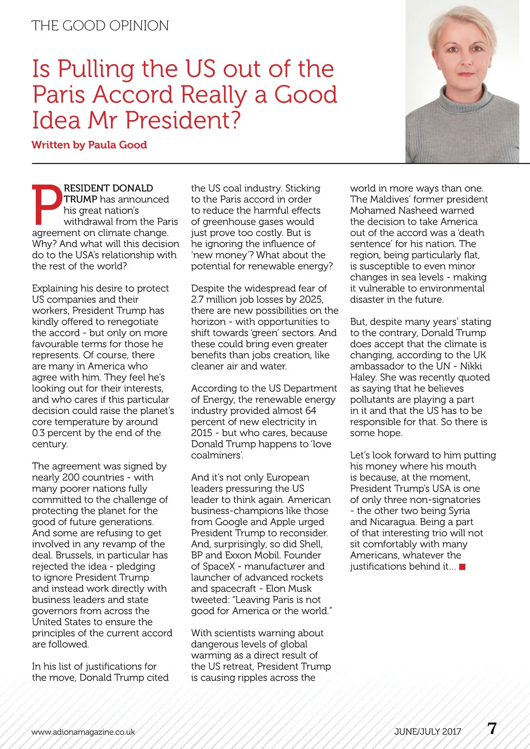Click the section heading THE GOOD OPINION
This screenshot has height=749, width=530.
[100, 26]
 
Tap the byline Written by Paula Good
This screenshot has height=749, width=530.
[89, 145]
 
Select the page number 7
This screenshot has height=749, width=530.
[492, 729]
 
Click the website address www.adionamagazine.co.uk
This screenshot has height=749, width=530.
[83, 732]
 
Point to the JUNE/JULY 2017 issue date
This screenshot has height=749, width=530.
[428, 732]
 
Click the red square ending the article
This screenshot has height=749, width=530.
[462, 567]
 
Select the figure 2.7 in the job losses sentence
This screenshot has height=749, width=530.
[198, 300]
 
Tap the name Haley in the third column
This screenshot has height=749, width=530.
[363, 377]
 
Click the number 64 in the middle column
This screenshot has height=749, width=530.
[310, 410]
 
